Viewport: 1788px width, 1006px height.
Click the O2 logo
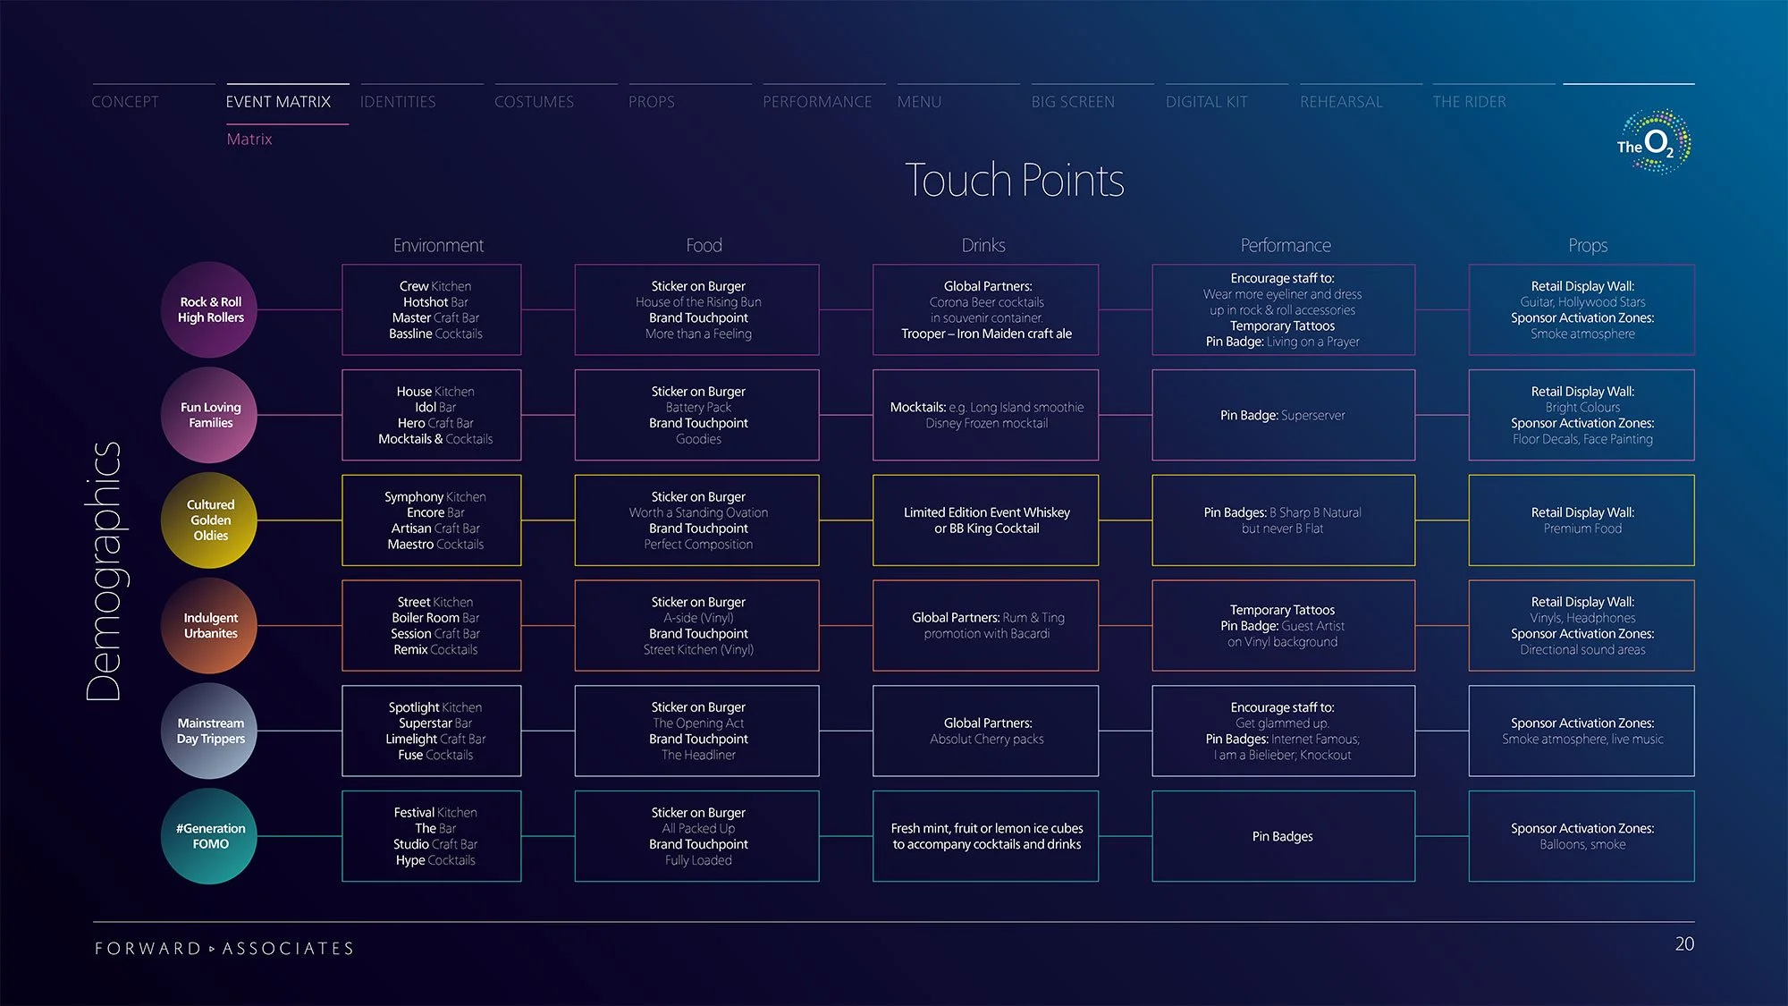tap(1654, 142)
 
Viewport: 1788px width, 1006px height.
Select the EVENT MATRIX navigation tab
tap(278, 102)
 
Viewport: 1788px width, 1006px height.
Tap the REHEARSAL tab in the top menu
tap(1341, 102)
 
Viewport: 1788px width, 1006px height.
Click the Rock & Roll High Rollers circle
tap(209, 309)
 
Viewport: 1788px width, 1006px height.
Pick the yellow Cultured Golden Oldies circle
tap(209, 520)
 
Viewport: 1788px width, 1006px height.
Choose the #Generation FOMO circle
tap(209, 836)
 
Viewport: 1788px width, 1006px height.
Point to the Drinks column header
tap(983, 245)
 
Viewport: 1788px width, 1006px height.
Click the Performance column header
tap(1285, 245)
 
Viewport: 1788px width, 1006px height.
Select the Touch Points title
tap(1014, 181)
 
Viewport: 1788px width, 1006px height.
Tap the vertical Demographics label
tap(104, 571)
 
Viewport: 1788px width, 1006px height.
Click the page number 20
tap(1684, 944)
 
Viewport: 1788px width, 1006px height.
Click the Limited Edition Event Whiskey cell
tap(986, 520)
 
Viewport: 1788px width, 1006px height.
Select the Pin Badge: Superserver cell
tap(1282, 415)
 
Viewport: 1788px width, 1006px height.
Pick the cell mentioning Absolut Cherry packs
tap(986, 731)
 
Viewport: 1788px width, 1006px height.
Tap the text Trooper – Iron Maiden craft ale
tap(986, 334)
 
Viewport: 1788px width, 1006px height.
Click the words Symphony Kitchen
tap(435, 497)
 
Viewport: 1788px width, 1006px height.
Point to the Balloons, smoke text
tap(1582, 845)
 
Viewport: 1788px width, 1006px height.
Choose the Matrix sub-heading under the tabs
tap(249, 139)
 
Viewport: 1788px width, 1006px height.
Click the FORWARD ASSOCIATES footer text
tap(224, 949)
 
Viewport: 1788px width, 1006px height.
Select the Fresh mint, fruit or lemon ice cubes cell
tap(986, 836)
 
